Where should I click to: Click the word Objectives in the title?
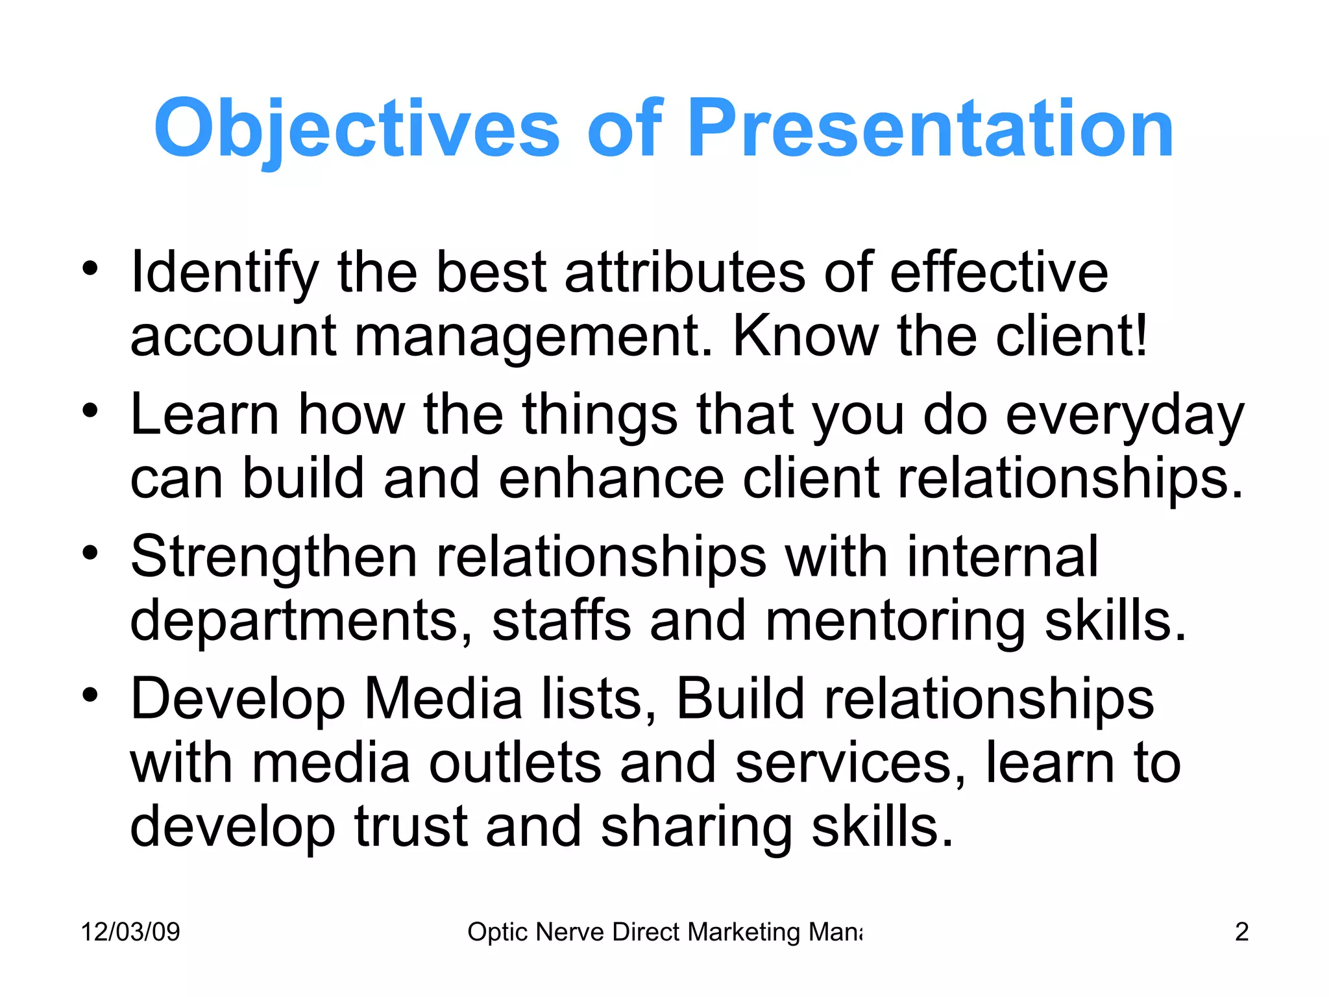tap(356, 128)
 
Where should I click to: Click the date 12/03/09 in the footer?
tap(130, 932)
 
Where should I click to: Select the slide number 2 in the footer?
tap(1241, 932)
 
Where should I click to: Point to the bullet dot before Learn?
tap(90, 410)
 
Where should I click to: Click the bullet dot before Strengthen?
tap(90, 553)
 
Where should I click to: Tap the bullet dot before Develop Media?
tap(90, 695)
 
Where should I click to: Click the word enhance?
tap(611, 479)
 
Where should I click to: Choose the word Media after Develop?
tap(443, 700)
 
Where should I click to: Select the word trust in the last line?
tap(411, 827)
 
